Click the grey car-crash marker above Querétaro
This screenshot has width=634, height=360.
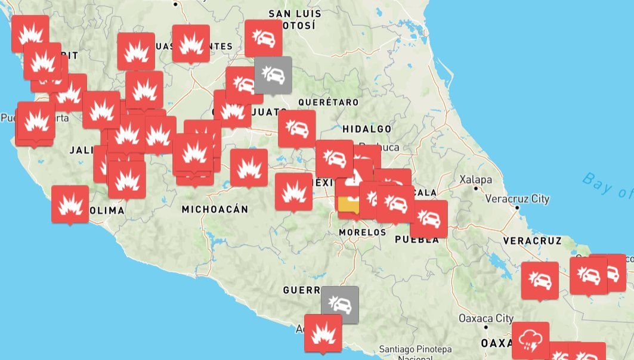(x=273, y=75)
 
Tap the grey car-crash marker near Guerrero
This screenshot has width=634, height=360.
(x=340, y=305)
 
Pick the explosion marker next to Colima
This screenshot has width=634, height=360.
(x=70, y=204)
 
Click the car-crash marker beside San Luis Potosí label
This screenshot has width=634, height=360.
(x=263, y=38)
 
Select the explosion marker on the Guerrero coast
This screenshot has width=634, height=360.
(x=323, y=333)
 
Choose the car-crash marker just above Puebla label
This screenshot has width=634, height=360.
(x=428, y=219)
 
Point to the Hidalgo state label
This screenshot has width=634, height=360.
(x=367, y=129)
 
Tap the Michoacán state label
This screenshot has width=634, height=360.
(x=215, y=209)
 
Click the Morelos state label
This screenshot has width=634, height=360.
(x=362, y=232)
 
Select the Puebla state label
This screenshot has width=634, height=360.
(x=417, y=240)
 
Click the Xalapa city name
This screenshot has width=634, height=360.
(x=475, y=179)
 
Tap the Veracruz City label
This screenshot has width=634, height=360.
(x=517, y=199)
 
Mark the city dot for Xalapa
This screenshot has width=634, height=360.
(x=475, y=188)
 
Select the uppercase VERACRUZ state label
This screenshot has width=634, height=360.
(x=532, y=241)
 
